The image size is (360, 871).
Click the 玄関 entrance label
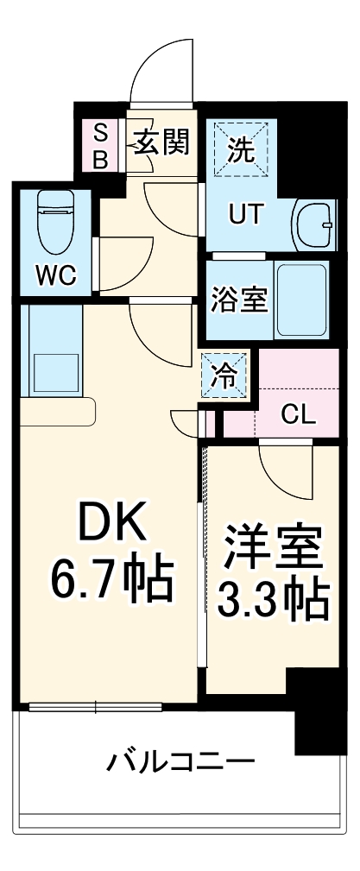click(161, 142)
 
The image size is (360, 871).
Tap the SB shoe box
click(101, 146)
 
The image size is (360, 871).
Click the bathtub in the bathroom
click(301, 300)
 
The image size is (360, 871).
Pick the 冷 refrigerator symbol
click(224, 375)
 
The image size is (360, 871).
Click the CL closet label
click(300, 414)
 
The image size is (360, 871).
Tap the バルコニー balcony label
click(181, 762)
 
